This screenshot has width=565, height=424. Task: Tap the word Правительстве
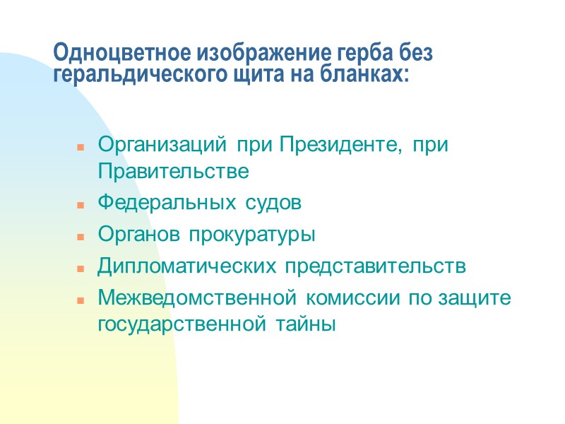coord(173,172)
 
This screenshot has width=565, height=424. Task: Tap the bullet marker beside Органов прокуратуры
coord(81,236)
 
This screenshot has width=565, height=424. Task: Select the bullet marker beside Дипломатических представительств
coord(81,267)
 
